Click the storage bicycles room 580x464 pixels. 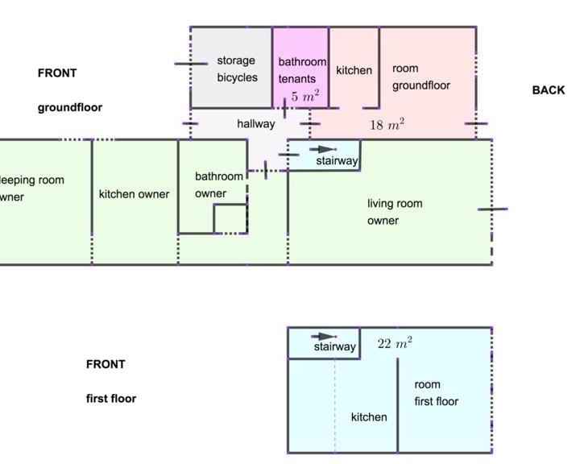click(231, 68)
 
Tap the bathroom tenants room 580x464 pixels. click(300, 68)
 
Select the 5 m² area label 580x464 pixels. click(305, 96)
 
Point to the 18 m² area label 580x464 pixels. click(387, 124)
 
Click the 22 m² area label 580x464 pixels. click(395, 343)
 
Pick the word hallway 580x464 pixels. click(256, 123)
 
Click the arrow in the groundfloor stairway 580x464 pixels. click(322, 149)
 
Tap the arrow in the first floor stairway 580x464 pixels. click(324, 337)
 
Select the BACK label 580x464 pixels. click(549, 90)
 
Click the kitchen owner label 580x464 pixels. click(134, 194)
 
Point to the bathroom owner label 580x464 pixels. click(218, 184)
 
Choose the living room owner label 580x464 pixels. click(395, 212)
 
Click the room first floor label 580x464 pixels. click(436, 393)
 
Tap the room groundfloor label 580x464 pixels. click(421, 77)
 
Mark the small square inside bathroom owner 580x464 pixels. click(230, 218)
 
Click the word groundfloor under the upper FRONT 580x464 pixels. click(70, 108)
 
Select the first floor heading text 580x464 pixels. click(111, 399)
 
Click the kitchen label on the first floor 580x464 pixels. click(369, 417)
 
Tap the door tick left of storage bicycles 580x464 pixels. click(191, 64)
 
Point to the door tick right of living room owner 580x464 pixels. click(493, 209)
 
